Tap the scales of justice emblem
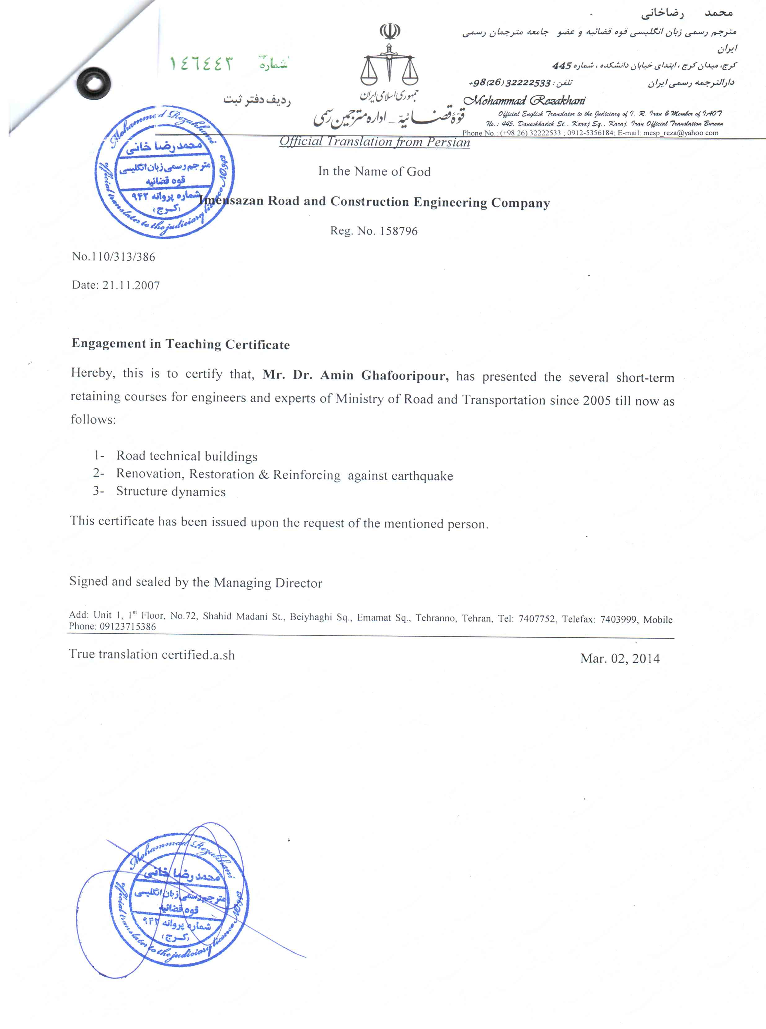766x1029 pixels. [x=390, y=65]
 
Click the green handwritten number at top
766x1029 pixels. [x=201, y=63]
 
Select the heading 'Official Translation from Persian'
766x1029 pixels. [x=374, y=142]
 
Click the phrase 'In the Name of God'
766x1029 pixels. [x=374, y=172]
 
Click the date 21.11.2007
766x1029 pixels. [x=131, y=285]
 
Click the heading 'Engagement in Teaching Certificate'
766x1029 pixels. [x=181, y=344]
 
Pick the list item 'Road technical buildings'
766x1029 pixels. [x=187, y=456]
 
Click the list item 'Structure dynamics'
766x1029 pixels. [x=171, y=491]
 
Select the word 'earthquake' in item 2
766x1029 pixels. [x=421, y=476]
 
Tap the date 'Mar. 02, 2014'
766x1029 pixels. [x=619, y=659]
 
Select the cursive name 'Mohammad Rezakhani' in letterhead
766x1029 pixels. [x=524, y=100]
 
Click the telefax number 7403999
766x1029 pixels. [x=618, y=619]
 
